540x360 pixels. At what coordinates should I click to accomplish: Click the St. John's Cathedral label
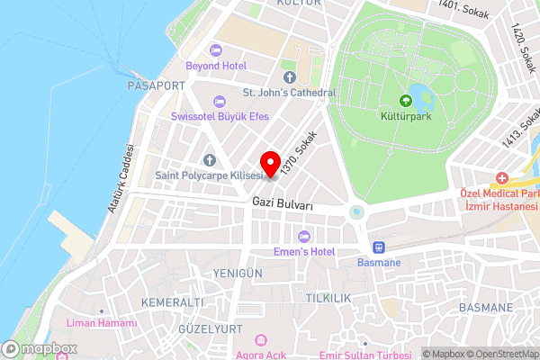tap(289, 93)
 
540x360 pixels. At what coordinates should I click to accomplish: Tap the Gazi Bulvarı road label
tap(283, 205)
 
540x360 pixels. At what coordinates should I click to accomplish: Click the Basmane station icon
tap(380, 247)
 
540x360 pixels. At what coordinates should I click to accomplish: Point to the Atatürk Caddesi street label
tap(121, 178)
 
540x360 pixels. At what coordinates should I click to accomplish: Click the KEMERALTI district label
tap(166, 301)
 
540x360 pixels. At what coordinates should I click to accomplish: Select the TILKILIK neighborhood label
tap(328, 297)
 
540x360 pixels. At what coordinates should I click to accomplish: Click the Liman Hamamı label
tap(106, 322)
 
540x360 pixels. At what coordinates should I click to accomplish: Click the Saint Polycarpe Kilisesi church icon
tap(208, 159)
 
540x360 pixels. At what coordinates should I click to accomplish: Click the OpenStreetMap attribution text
tap(500, 354)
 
